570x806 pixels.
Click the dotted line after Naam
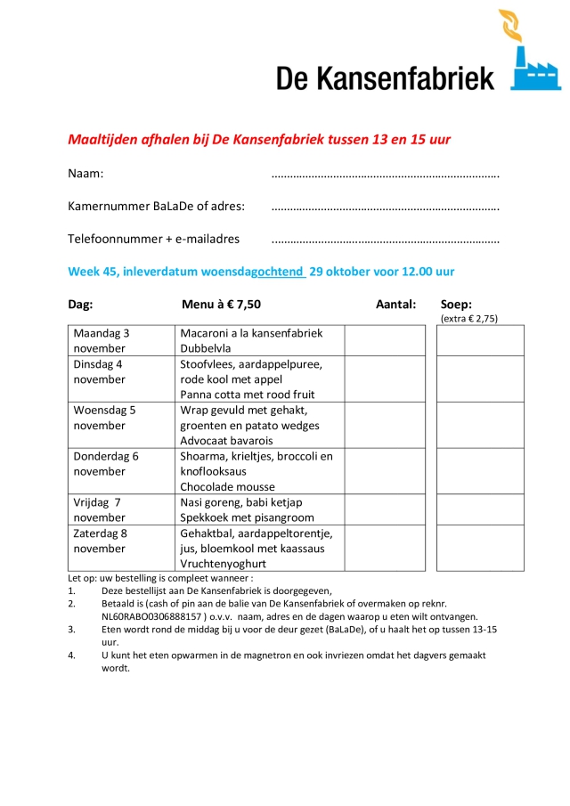384,175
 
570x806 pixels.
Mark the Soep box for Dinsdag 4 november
480,379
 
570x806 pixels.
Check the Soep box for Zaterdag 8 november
480,548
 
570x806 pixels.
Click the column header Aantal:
395,305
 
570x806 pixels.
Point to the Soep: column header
456,305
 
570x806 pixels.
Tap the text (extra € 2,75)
469,318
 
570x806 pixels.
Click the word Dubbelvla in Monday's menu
206,348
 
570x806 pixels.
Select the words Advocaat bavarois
226,441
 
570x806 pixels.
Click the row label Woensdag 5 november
104,418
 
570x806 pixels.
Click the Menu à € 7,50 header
221,305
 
